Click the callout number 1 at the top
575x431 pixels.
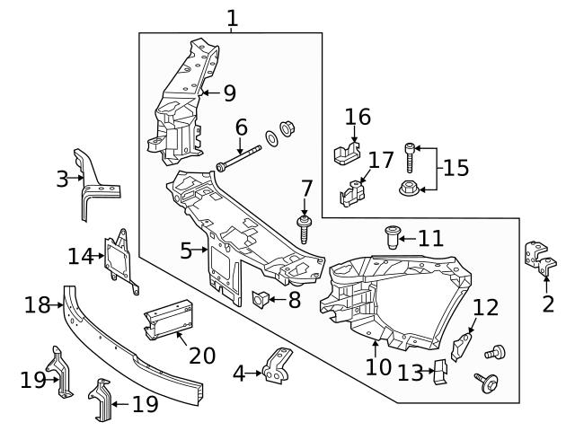click(233, 17)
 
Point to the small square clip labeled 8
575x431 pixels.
click(262, 299)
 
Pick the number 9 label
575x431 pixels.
click(229, 92)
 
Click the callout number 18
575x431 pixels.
click(37, 305)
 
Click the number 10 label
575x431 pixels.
click(378, 366)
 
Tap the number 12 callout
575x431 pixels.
click(485, 308)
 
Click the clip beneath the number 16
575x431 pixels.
click(345, 153)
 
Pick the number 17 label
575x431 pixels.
click(381, 161)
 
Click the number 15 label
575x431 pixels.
click(456, 168)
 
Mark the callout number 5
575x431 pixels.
click(186, 251)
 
